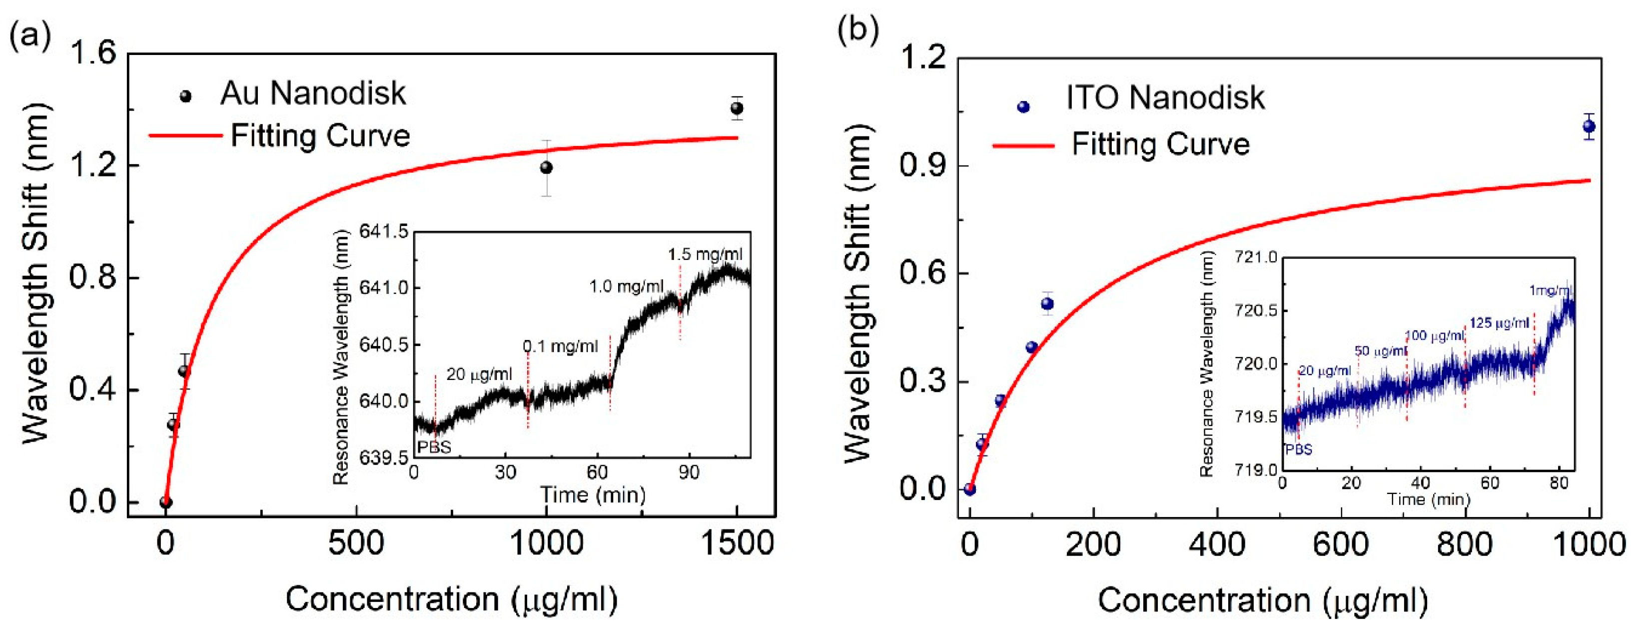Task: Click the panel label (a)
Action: tap(29, 36)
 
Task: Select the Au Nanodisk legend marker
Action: tap(186, 96)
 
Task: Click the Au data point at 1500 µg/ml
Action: tap(737, 108)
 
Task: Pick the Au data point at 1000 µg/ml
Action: tap(546, 167)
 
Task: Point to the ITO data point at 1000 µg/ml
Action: tap(1589, 126)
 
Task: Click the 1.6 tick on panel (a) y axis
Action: tap(93, 53)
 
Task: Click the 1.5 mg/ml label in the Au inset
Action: tap(705, 254)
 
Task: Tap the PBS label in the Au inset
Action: tap(433, 447)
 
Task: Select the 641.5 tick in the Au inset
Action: tap(384, 231)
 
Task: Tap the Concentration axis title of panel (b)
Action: tap(1263, 599)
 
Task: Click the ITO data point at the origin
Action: tap(969, 489)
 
